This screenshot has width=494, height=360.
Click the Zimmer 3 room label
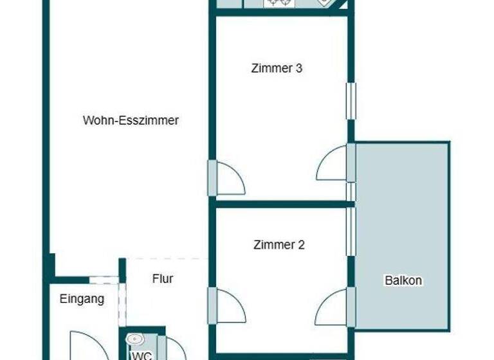tap(277, 68)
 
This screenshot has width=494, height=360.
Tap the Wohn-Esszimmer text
tap(131, 120)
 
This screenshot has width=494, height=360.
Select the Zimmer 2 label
tap(279, 244)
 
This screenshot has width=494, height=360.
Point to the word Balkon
tap(403, 280)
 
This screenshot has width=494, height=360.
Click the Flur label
tap(163, 279)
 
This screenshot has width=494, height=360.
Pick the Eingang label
tap(82, 298)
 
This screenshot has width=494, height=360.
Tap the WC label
tap(142, 354)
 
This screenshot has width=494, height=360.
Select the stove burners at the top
tap(279, 3)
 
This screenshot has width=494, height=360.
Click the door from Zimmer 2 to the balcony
tap(334, 307)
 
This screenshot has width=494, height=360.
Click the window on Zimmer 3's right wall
tap(351, 100)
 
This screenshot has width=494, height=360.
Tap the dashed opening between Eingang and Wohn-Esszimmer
tap(103, 280)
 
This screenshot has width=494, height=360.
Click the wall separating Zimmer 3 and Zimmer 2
tap(283, 204)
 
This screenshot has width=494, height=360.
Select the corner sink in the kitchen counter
tap(325, 3)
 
